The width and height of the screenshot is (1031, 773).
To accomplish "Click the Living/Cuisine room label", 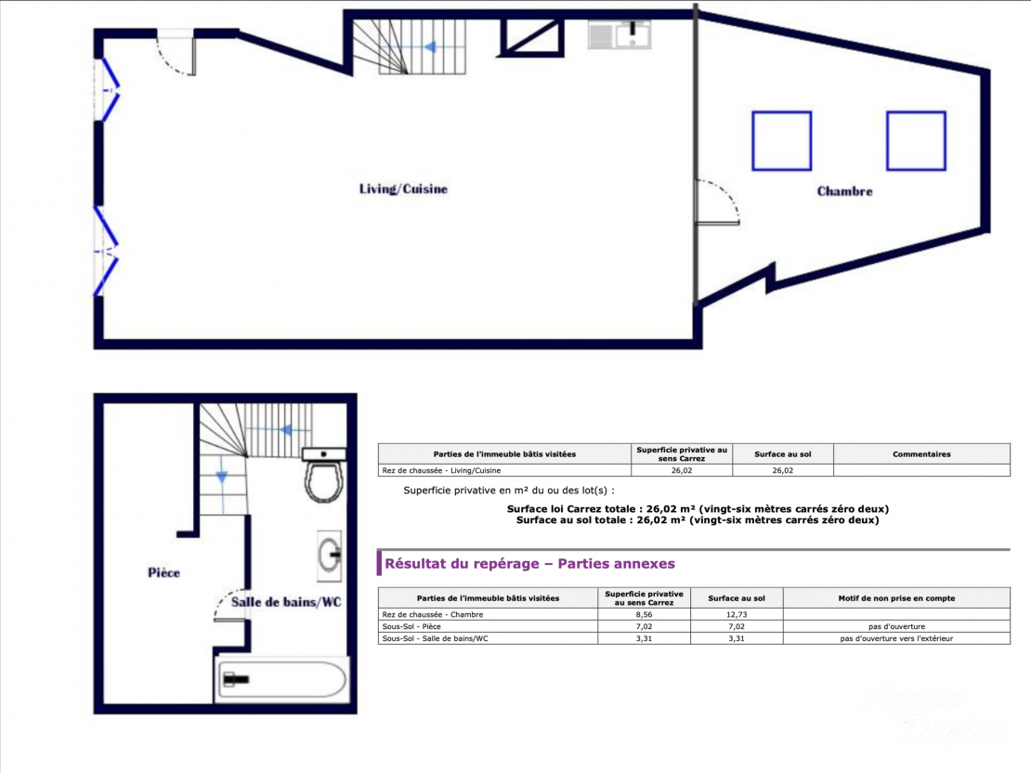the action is click(x=403, y=190).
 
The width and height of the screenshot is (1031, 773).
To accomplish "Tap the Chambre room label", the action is click(x=845, y=191).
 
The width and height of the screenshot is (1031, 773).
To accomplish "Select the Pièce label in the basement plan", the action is click(x=163, y=573).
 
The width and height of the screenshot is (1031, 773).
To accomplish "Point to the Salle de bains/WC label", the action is click(x=286, y=602).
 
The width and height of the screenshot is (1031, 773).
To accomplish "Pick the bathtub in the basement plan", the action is click(x=282, y=679).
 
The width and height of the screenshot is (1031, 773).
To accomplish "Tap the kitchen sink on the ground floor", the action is click(x=620, y=35).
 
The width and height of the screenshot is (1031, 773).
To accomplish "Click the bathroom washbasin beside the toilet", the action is click(x=330, y=556).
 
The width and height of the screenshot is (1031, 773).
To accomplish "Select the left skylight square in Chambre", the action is click(x=782, y=141).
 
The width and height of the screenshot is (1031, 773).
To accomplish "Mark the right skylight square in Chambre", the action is click(x=916, y=141).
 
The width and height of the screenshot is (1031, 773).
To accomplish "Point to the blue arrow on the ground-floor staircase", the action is click(x=431, y=47).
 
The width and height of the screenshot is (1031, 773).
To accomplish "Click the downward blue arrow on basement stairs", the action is click(x=222, y=475).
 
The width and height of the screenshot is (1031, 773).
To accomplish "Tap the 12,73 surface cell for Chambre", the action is click(x=737, y=614).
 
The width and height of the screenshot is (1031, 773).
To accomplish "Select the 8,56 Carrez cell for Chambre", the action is click(x=644, y=614).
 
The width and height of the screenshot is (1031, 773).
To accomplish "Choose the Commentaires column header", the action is click(x=921, y=454).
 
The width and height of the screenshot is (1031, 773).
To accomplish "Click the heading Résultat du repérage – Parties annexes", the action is click(x=529, y=564).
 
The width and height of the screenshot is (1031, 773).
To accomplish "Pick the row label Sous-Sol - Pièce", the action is click(x=411, y=626).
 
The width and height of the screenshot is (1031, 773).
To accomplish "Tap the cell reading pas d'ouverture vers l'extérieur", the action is click(x=896, y=638).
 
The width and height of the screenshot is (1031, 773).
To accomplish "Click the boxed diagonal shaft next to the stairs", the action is click(x=530, y=37).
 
